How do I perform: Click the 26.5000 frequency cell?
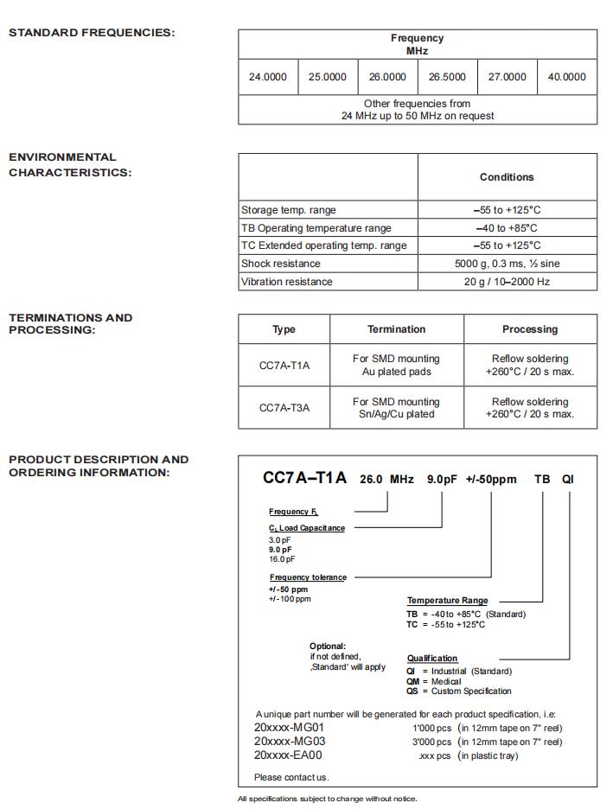click(447, 77)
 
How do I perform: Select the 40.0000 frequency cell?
click(566, 77)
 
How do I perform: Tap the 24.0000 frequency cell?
click(268, 77)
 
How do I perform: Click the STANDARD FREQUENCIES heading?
click(92, 33)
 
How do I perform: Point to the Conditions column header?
click(507, 177)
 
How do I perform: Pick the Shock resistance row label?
click(281, 264)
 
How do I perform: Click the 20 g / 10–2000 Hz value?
click(507, 282)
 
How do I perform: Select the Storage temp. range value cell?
click(507, 210)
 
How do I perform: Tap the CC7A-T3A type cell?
click(284, 408)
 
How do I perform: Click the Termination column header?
click(396, 329)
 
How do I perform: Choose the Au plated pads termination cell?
click(396, 366)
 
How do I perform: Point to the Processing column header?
click(530, 329)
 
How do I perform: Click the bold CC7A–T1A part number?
click(304, 478)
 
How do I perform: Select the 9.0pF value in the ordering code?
click(442, 480)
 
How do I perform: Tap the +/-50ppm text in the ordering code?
click(491, 480)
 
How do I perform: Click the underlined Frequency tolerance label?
click(308, 577)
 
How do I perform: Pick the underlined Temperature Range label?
click(447, 601)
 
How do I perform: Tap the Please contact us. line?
click(291, 777)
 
